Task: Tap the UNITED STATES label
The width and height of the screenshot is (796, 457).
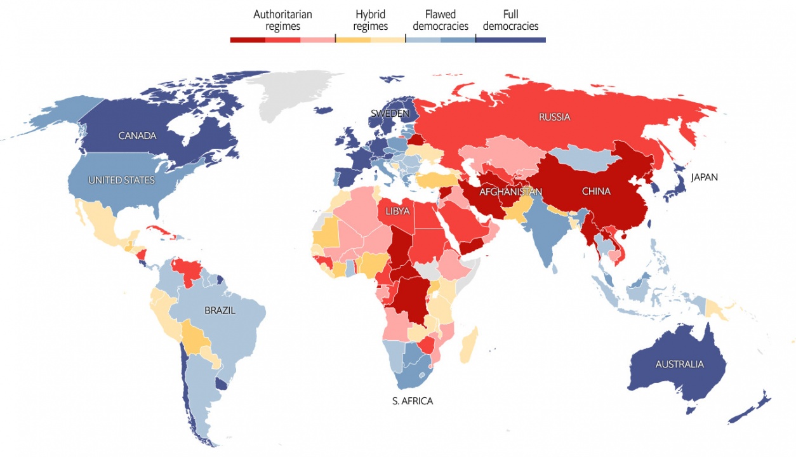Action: [121, 180]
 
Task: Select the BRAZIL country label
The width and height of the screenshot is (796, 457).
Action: [220, 310]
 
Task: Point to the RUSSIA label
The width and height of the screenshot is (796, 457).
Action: [554, 117]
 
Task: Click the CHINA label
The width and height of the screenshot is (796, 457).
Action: [595, 191]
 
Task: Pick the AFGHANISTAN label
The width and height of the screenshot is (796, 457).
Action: [510, 192]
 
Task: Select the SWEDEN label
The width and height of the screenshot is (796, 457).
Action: [390, 114]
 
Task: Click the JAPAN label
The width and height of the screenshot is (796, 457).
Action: [704, 177]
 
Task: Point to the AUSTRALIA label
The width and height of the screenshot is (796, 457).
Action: [679, 364]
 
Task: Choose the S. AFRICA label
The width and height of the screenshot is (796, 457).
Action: [413, 401]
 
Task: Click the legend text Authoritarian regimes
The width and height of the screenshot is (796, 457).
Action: [282, 20]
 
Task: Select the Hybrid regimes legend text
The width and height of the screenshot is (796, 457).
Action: [370, 20]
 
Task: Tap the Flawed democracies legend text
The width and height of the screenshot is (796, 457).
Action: [440, 20]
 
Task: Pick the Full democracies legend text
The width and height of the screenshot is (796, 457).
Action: [510, 20]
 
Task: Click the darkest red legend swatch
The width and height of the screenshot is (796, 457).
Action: [248, 39]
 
